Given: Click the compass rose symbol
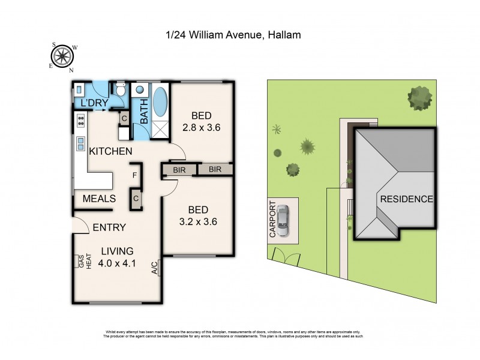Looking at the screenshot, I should [62, 57].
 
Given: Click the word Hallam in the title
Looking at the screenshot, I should [283, 35].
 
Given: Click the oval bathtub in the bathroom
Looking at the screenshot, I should [161, 102].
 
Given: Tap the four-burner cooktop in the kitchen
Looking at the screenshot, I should [79, 122].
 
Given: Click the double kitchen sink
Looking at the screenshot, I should [79, 143].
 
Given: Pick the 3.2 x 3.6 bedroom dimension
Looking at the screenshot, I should [198, 221].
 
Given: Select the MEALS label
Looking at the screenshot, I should [98, 199].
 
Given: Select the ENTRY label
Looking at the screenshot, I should [109, 227].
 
